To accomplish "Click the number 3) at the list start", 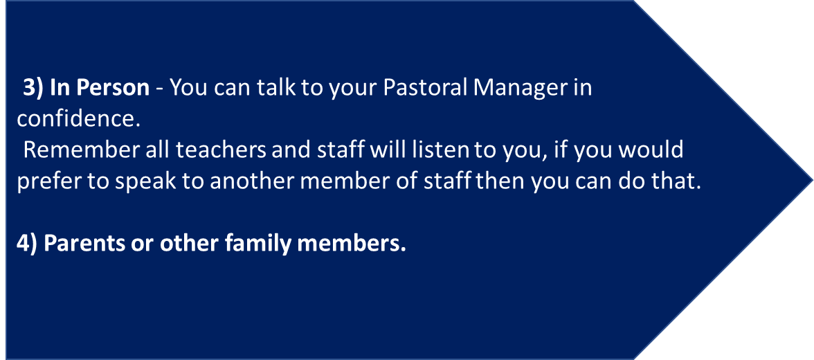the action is [34, 89].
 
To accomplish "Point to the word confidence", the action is [79, 118].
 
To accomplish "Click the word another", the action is [247, 182].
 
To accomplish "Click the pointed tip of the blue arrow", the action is [812, 180].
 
